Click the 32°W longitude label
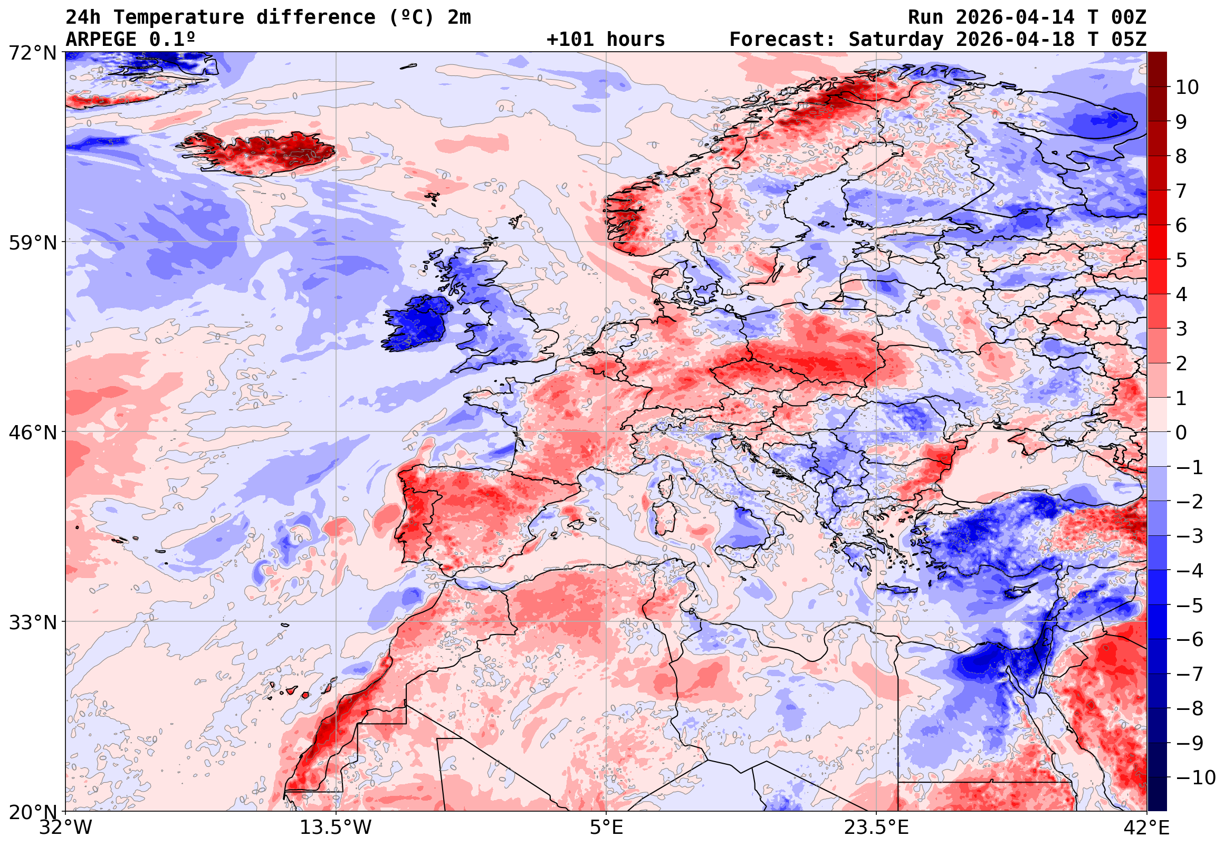click(x=66, y=828)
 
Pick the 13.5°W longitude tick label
click(x=336, y=828)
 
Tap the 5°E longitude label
click(x=606, y=828)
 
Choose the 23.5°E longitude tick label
click(x=876, y=828)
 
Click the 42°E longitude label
click(x=1146, y=828)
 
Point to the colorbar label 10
click(x=1187, y=88)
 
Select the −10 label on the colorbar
click(x=1196, y=777)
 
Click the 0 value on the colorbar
click(x=1181, y=432)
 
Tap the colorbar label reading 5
click(x=1181, y=260)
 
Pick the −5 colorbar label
click(x=1190, y=605)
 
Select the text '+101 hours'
click(x=605, y=39)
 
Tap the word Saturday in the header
click(x=896, y=39)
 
